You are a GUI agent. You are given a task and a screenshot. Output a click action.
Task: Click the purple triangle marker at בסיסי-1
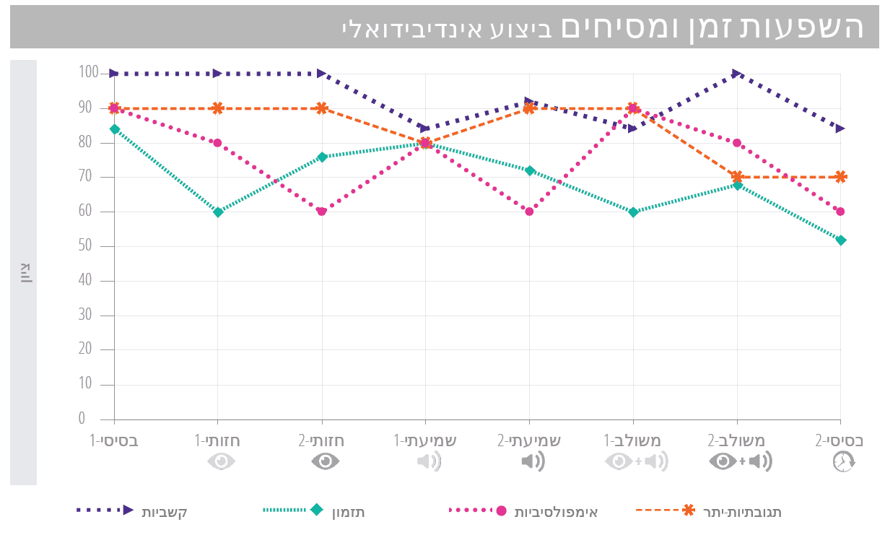(114, 73)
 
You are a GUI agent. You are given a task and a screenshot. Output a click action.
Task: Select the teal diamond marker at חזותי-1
(218, 212)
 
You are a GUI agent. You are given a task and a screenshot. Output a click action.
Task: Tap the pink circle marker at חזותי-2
(322, 212)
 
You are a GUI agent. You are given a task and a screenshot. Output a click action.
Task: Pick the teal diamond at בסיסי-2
(841, 240)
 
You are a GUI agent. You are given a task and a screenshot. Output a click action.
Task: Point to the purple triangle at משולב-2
(737, 73)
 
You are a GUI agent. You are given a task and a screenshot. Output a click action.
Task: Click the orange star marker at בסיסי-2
(841, 177)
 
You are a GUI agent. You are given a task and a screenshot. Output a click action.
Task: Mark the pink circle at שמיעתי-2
(529, 212)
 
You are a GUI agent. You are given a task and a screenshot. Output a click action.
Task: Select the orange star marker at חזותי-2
(322, 108)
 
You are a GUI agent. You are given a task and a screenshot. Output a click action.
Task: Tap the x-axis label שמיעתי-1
(425, 440)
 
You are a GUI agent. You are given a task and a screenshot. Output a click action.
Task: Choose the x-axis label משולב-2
(737, 440)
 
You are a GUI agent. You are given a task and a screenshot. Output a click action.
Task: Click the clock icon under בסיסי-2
(843, 462)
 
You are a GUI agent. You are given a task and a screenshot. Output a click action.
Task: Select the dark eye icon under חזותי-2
(326, 461)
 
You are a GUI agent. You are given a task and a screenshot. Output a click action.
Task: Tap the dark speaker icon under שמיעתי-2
(533, 461)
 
